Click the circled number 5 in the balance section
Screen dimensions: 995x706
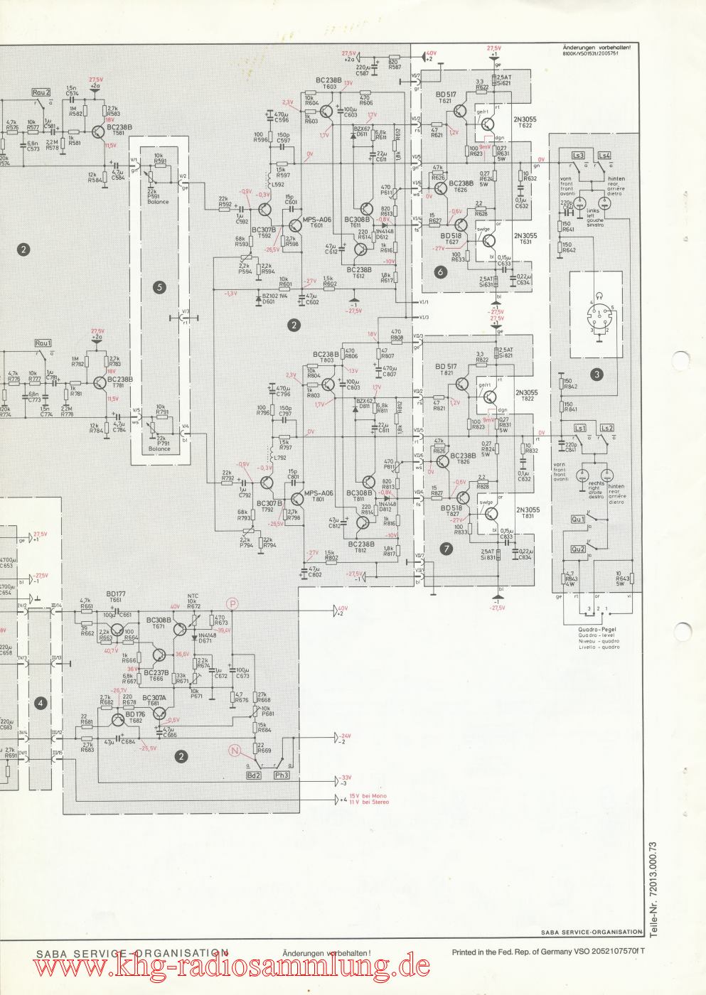tap(159, 287)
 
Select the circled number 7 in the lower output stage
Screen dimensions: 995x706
tap(446, 548)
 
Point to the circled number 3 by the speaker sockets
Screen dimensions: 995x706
tap(597, 373)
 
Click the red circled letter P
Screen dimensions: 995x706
tap(232, 603)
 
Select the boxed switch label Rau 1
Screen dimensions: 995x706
tap(43, 343)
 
